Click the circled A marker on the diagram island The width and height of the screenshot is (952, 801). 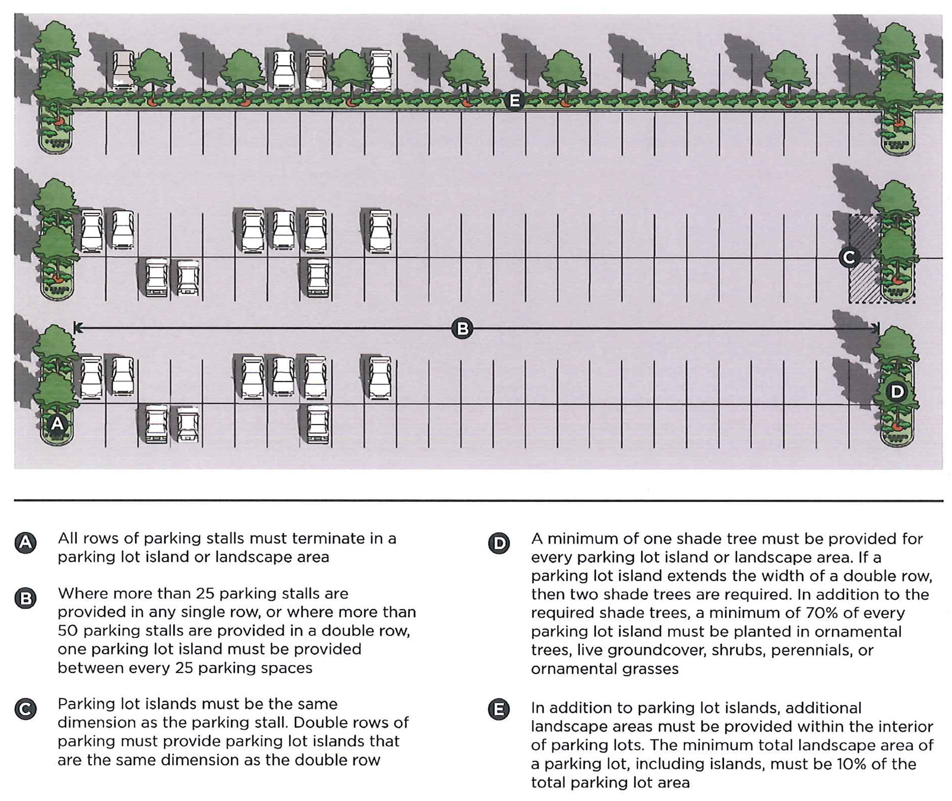tap(57, 424)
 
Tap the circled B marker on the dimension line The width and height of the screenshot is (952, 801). tap(462, 329)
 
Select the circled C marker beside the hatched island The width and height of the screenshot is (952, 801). tap(849, 257)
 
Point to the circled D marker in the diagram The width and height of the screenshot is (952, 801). tap(897, 392)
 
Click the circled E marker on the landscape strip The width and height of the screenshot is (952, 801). tap(514, 101)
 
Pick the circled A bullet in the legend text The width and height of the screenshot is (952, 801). tap(26, 543)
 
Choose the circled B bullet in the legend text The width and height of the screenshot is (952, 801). tap(26, 598)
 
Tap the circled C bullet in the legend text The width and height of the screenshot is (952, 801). tap(26, 709)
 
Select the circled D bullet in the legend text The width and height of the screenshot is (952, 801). tap(499, 544)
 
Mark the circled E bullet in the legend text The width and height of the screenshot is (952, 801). tap(499, 709)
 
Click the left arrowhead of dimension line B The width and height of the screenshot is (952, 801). tap(78, 328)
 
